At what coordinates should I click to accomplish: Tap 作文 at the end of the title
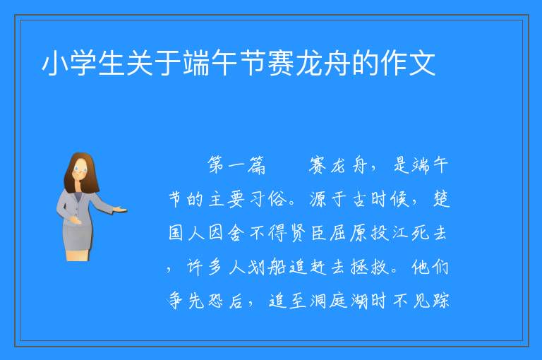[x=407, y=64]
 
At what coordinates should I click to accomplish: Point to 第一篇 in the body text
[x=236, y=165]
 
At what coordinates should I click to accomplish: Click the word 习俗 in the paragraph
[x=267, y=199]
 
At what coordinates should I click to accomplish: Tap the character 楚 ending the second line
[x=441, y=199]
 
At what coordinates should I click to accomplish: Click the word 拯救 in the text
[x=369, y=267]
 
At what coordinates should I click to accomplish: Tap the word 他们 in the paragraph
[x=430, y=267]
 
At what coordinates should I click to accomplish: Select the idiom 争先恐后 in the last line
[x=206, y=301]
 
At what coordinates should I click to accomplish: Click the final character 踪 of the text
[x=440, y=301]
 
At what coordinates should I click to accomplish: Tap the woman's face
[x=80, y=170]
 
